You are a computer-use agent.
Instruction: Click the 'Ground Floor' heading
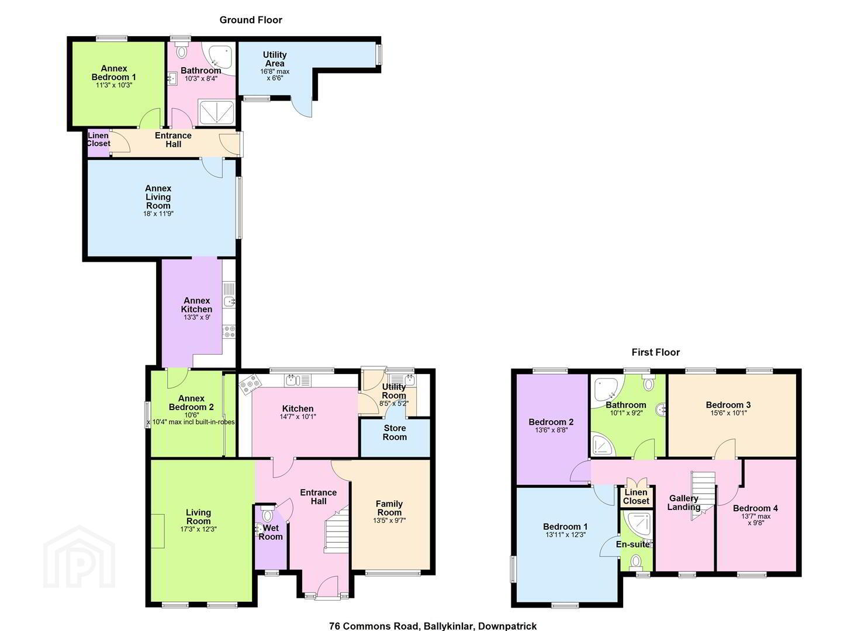coord(251,20)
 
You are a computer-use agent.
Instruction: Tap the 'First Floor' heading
coord(656,352)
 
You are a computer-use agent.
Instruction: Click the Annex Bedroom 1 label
coord(114,73)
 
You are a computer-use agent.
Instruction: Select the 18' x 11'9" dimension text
coord(158,213)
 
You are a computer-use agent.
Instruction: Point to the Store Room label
coord(395,433)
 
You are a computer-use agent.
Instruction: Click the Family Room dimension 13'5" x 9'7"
coord(389,521)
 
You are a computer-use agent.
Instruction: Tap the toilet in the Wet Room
coord(267,514)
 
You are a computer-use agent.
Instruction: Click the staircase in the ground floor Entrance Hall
coord(336,529)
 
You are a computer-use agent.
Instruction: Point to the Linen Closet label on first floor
coord(636,497)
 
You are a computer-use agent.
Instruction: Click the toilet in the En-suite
coord(636,561)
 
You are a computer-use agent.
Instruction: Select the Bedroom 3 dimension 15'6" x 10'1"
coord(728,413)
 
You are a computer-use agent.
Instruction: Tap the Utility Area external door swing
coord(301,106)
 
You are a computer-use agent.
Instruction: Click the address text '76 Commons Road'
coord(374,626)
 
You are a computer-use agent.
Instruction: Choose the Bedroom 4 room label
coord(755,508)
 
